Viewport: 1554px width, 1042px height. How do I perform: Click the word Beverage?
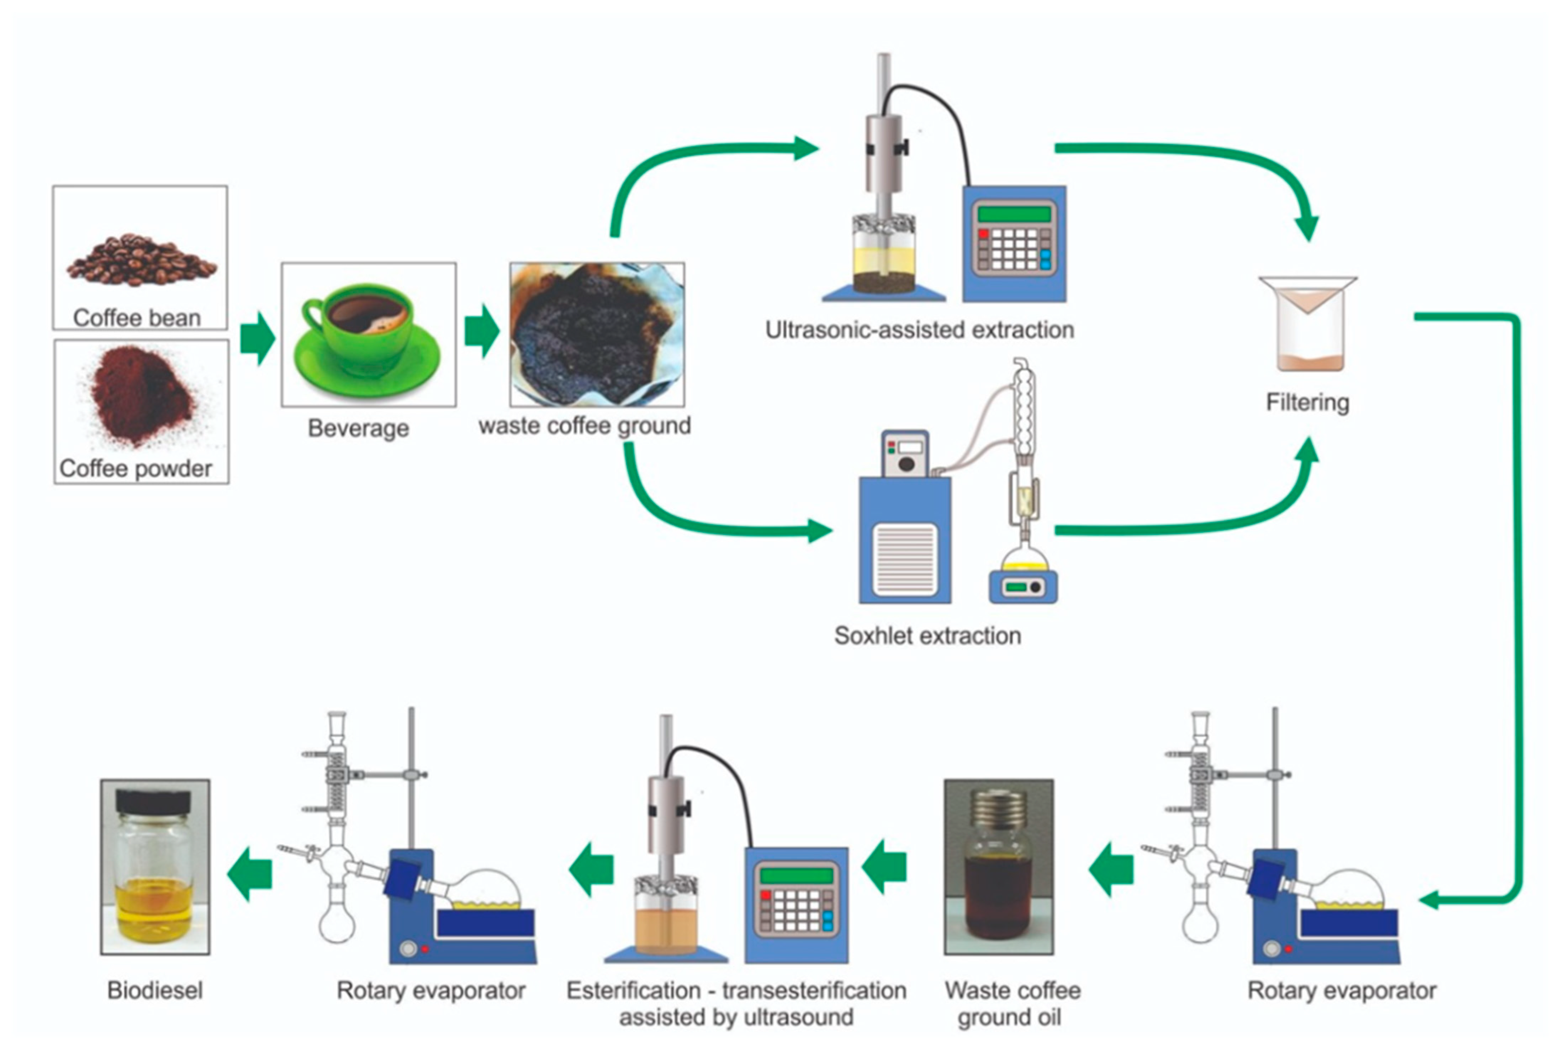pyautogui.click(x=358, y=428)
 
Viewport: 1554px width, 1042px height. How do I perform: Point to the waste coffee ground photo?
pyautogui.click(x=597, y=334)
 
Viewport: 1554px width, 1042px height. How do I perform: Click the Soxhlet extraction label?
pyautogui.click(x=927, y=636)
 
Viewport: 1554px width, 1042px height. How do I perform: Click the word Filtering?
pyautogui.click(x=1307, y=403)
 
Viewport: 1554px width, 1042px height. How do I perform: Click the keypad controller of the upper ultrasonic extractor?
pyautogui.click(x=1014, y=244)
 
